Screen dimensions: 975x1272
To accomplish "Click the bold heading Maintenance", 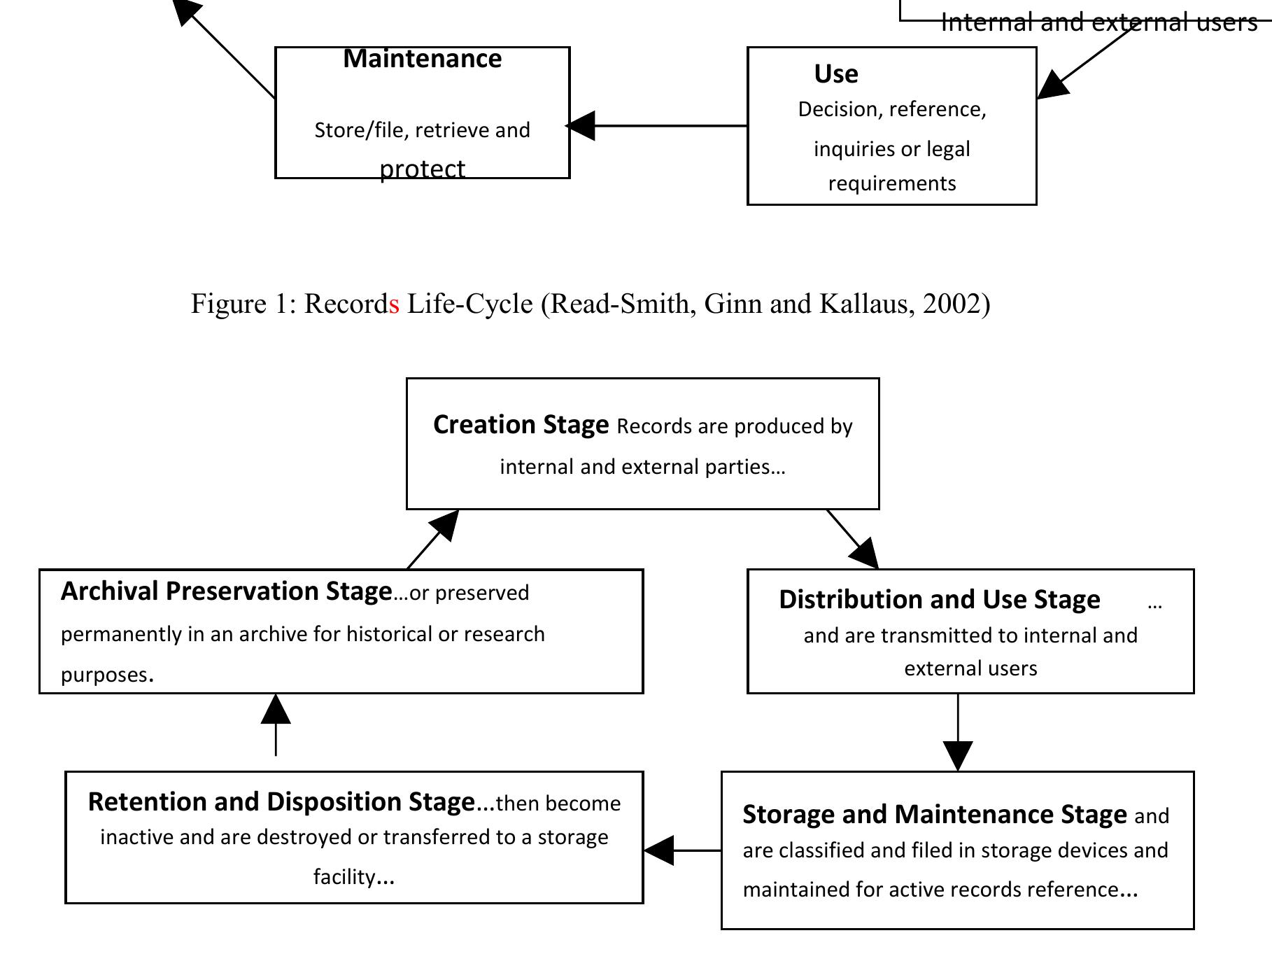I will click(x=422, y=59).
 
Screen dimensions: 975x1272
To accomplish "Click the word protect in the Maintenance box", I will click(x=422, y=169).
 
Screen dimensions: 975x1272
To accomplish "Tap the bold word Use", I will click(x=835, y=74).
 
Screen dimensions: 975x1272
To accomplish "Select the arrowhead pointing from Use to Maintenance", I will click(x=581, y=126).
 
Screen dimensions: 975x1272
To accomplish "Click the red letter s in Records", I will click(x=395, y=304).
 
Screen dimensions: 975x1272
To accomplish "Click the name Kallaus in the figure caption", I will click(x=865, y=304).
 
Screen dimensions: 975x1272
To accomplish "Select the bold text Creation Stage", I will click(x=521, y=425).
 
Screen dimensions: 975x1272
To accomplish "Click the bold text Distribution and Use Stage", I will click(x=939, y=600).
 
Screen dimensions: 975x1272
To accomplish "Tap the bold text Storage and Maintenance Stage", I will click(x=934, y=815).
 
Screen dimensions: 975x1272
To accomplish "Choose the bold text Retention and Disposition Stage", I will click(x=281, y=802).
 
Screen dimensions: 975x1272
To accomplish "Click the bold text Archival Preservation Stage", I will click(x=226, y=591).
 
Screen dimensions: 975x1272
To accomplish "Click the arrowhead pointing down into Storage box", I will click(x=957, y=756).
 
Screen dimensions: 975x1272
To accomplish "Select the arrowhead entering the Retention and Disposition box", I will click(x=658, y=850).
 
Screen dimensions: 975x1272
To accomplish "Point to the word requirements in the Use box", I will click(x=891, y=183).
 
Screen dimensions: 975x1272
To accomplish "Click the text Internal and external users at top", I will click(x=1098, y=22).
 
